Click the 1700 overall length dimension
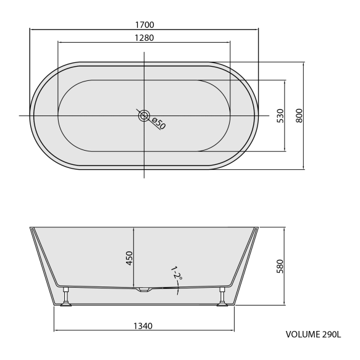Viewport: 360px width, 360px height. pyautogui.click(x=143, y=25)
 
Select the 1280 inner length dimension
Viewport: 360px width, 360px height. pyautogui.click(x=143, y=38)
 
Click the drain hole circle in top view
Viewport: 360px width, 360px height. pyautogui.click(x=144, y=115)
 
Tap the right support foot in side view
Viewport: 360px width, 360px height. pyautogui.click(x=221, y=298)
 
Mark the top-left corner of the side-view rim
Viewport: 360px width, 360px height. pyautogui.click(x=30, y=227)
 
